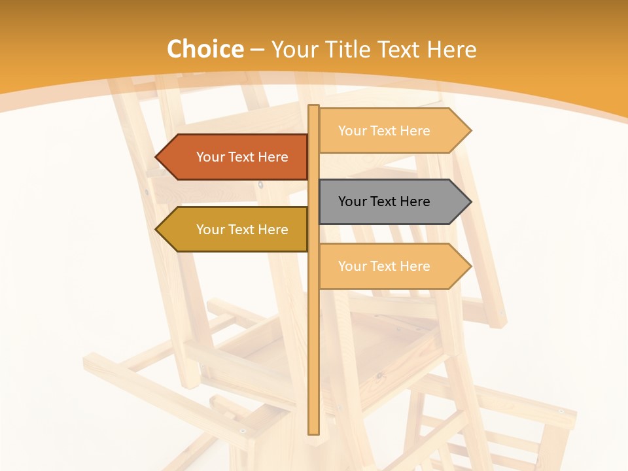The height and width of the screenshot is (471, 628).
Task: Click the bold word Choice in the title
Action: click(x=205, y=49)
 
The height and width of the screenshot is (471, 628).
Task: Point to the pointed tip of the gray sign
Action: click(x=470, y=201)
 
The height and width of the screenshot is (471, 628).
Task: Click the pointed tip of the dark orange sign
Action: click(x=157, y=157)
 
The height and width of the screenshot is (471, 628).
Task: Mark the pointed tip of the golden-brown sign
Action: click(x=157, y=230)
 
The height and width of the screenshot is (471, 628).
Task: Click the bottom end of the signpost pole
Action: click(x=314, y=432)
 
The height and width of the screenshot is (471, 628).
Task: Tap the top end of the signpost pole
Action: click(x=314, y=107)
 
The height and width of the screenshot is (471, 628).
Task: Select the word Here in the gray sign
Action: click(x=414, y=201)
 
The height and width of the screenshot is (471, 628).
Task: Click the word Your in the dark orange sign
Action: click(x=211, y=157)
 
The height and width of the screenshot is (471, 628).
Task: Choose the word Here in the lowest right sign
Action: click(x=414, y=266)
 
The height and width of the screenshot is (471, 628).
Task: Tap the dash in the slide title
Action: click(x=257, y=50)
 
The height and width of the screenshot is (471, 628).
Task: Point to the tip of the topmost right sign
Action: click(x=470, y=131)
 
